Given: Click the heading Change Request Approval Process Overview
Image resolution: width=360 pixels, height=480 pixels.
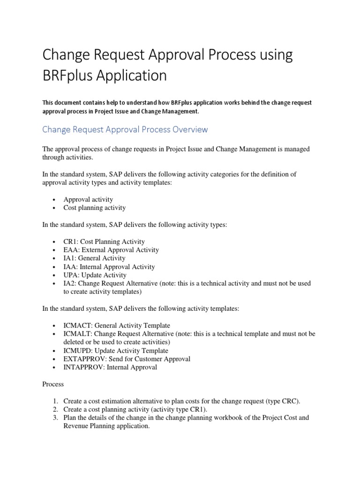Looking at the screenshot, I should click(125, 129).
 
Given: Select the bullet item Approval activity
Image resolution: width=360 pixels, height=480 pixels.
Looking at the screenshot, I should click(88, 199).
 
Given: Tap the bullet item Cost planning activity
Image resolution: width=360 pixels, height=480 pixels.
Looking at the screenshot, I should click(94, 208).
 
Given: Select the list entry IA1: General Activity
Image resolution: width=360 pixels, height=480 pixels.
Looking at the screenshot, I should click(94, 258).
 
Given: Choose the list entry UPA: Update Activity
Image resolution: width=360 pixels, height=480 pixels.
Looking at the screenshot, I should click(95, 275).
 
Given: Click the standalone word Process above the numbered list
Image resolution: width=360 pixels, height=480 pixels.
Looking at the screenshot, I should click(53, 384).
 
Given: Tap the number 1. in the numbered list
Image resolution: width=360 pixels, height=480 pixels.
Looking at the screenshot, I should click(55, 401).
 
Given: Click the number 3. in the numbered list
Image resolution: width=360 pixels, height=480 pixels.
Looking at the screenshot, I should click(55, 418).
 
